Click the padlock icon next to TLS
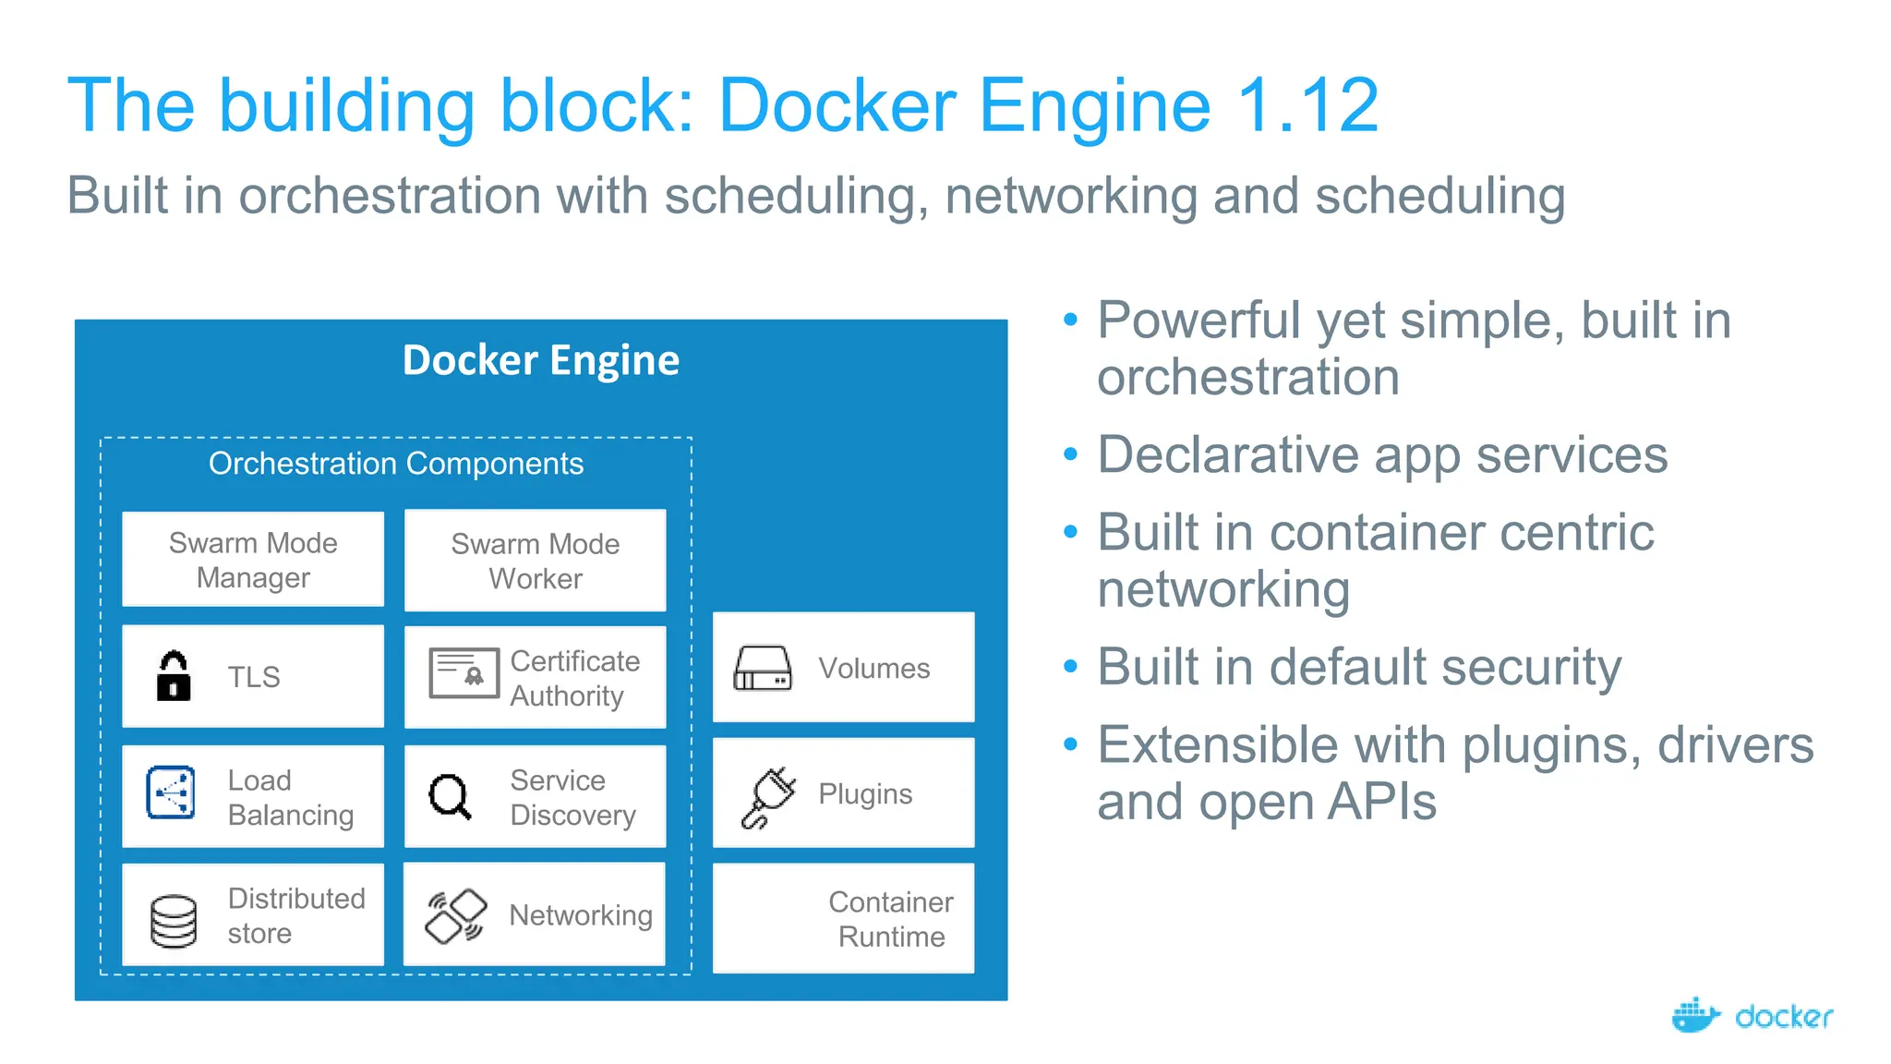[x=173, y=677]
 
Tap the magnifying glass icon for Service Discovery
[x=450, y=796]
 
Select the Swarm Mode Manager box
[x=253, y=560]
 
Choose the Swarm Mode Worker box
[x=535, y=561]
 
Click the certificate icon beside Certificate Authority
[x=464, y=673]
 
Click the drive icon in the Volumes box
[x=762, y=669]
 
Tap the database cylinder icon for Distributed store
[x=173, y=921]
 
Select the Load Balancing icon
[x=171, y=792]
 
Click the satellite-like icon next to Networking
[x=455, y=915]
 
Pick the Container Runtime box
[x=843, y=919]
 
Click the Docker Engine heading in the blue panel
[x=540, y=360]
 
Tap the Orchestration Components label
[x=395, y=464]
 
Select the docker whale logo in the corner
[x=1695, y=1016]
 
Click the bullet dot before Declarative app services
[x=1070, y=454]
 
